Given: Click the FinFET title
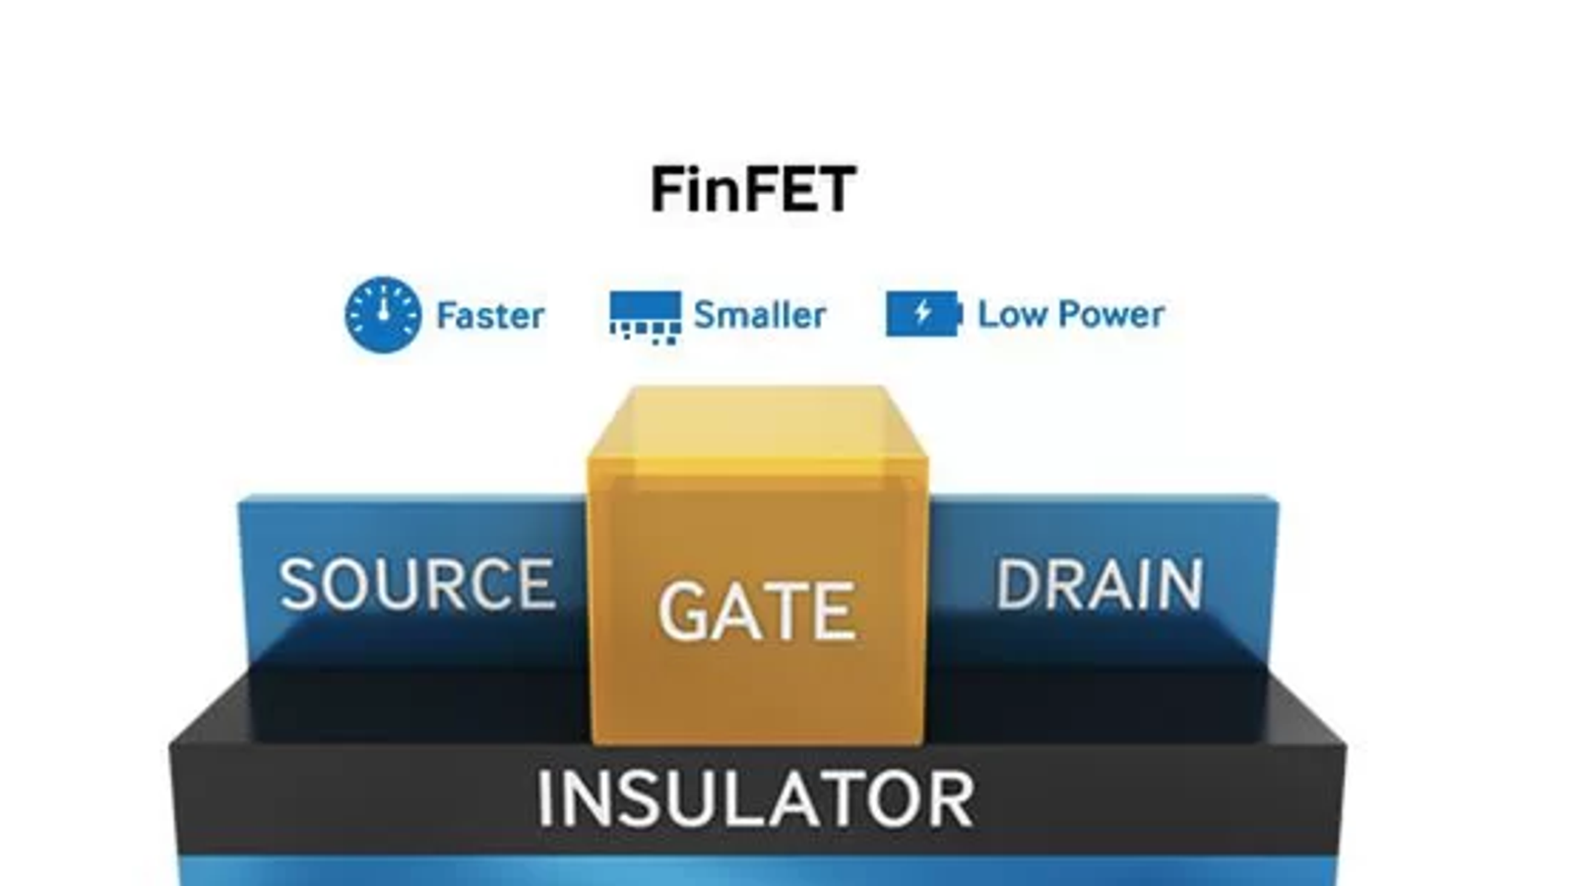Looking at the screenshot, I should (x=753, y=189).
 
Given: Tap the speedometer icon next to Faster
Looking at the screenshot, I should (x=383, y=315).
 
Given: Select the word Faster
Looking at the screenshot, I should (x=490, y=316).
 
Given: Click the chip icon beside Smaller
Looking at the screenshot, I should (x=645, y=315).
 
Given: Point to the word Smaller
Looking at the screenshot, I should (x=759, y=315).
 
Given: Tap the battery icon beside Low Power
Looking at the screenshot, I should (x=922, y=314).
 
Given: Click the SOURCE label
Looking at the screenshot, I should (x=417, y=585).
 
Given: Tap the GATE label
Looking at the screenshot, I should (x=756, y=612).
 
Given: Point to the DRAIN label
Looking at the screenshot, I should (x=1100, y=585).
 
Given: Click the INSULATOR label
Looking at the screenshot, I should (x=756, y=799).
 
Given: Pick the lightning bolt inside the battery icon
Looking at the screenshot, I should (x=922, y=313).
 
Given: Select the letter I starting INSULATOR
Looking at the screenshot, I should (x=544, y=799).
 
